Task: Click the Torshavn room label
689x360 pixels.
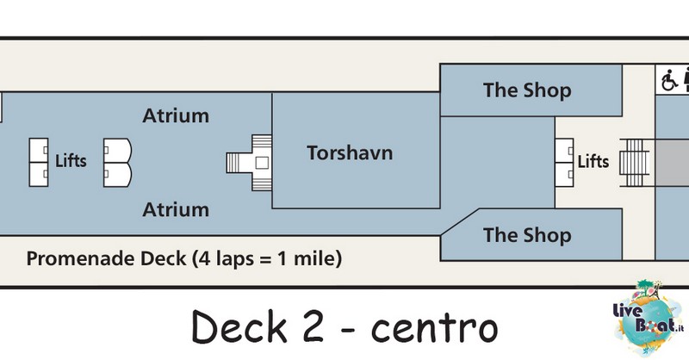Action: pyautogui.click(x=350, y=153)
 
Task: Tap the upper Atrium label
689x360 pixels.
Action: pyautogui.click(x=176, y=116)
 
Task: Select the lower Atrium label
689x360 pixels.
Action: pyautogui.click(x=176, y=209)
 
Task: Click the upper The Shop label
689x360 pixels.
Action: pyautogui.click(x=527, y=90)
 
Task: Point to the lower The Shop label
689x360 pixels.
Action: pyautogui.click(x=527, y=235)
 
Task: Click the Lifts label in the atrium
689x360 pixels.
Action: pyautogui.click(x=71, y=161)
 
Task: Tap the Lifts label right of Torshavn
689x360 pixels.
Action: pyautogui.click(x=593, y=162)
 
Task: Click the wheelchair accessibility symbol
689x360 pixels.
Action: pyautogui.click(x=669, y=80)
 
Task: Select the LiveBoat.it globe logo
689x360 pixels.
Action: pyautogui.click(x=649, y=317)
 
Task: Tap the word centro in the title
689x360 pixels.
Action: pyautogui.click(x=435, y=328)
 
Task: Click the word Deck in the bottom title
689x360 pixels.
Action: pyautogui.click(x=239, y=326)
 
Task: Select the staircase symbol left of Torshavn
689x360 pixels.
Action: pyautogui.click(x=249, y=163)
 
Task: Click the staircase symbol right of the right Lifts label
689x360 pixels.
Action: pyautogui.click(x=635, y=163)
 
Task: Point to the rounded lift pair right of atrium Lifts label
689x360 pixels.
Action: pyautogui.click(x=117, y=163)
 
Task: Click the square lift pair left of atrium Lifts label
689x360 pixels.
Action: pyautogui.click(x=39, y=163)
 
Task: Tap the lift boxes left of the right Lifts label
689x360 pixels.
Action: pyautogui.click(x=564, y=163)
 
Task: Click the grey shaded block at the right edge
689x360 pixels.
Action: pyautogui.click(x=672, y=163)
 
